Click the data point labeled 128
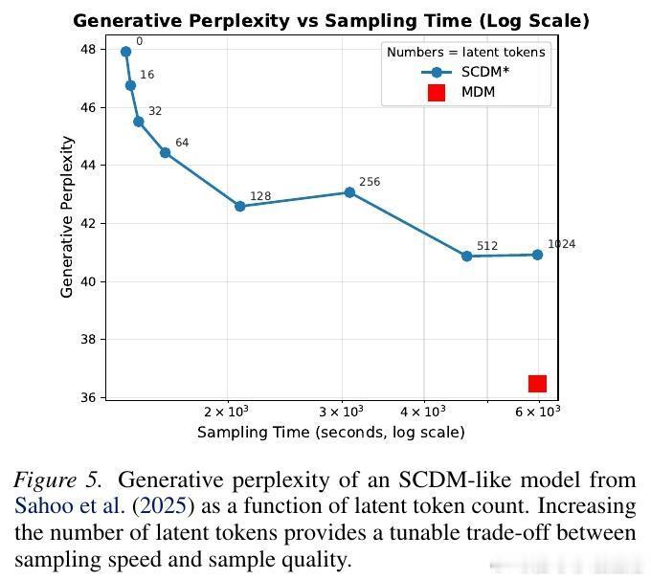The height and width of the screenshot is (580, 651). click(240, 206)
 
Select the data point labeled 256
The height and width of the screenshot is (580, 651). click(349, 192)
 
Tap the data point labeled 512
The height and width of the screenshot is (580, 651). click(466, 256)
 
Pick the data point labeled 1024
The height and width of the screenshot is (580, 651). click(537, 255)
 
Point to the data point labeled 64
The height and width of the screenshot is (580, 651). click(166, 152)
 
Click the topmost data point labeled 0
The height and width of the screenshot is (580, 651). click(125, 52)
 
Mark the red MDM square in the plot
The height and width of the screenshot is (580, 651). click(537, 384)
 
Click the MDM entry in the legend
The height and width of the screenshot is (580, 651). click(460, 93)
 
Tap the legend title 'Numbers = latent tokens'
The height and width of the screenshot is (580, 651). click(465, 52)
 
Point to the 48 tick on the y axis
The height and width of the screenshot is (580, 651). click(87, 50)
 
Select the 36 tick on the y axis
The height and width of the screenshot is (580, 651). click(87, 397)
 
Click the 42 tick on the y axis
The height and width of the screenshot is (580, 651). click(87, 224)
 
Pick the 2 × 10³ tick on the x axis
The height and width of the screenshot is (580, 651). click(228, 412)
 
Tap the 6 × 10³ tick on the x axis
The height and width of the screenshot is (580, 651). click(538, 412)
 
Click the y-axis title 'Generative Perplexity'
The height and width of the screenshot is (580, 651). click(67, 216)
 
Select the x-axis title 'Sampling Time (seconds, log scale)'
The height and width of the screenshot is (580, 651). click(330, 432)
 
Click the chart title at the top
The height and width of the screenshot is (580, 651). click(330, 20)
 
